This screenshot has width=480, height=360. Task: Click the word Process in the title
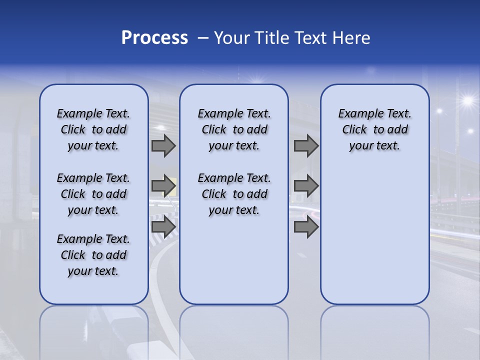[x=154, y=38]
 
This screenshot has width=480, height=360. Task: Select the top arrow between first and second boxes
[x=163, y=146]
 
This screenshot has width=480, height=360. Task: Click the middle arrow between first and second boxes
[x=163, y=186]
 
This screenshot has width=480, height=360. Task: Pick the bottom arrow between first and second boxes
[x=163, y=226]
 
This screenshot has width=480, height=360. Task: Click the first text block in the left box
[x=93, y=129]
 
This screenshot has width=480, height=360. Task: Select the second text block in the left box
[x=93, y=194]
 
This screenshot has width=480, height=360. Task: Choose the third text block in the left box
[x=93, y=255]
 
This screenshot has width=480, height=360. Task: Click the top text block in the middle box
[x=234, y=129]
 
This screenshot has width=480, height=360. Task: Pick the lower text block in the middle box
[x=234, y=194]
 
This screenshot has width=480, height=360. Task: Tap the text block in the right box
[x=374, y=129]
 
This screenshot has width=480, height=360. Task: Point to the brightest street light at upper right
[x=467, y=101]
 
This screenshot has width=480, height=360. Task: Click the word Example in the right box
[x=357, y=114]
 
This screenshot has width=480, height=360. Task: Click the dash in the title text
[x=203, y=38]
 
